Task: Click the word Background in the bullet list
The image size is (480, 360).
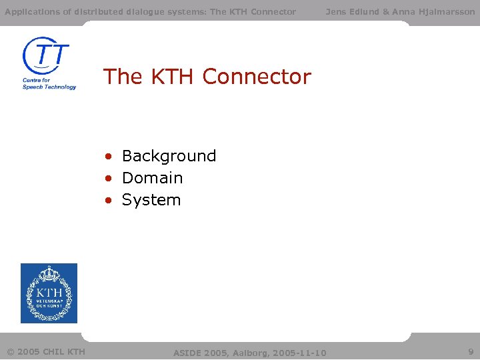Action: point(169,156)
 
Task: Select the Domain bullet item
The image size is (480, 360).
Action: point(152,178)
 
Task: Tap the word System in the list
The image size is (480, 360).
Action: point(151,200)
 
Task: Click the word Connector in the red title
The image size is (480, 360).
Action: point(257,77)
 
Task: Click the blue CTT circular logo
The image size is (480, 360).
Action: point(45,55)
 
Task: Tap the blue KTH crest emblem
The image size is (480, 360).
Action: point(49,293)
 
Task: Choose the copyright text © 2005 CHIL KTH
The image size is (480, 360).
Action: point(46,351)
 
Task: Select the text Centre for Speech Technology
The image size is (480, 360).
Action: point(49,84)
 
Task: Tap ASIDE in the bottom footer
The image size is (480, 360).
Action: point(188,352)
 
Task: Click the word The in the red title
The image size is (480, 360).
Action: point(123,77)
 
